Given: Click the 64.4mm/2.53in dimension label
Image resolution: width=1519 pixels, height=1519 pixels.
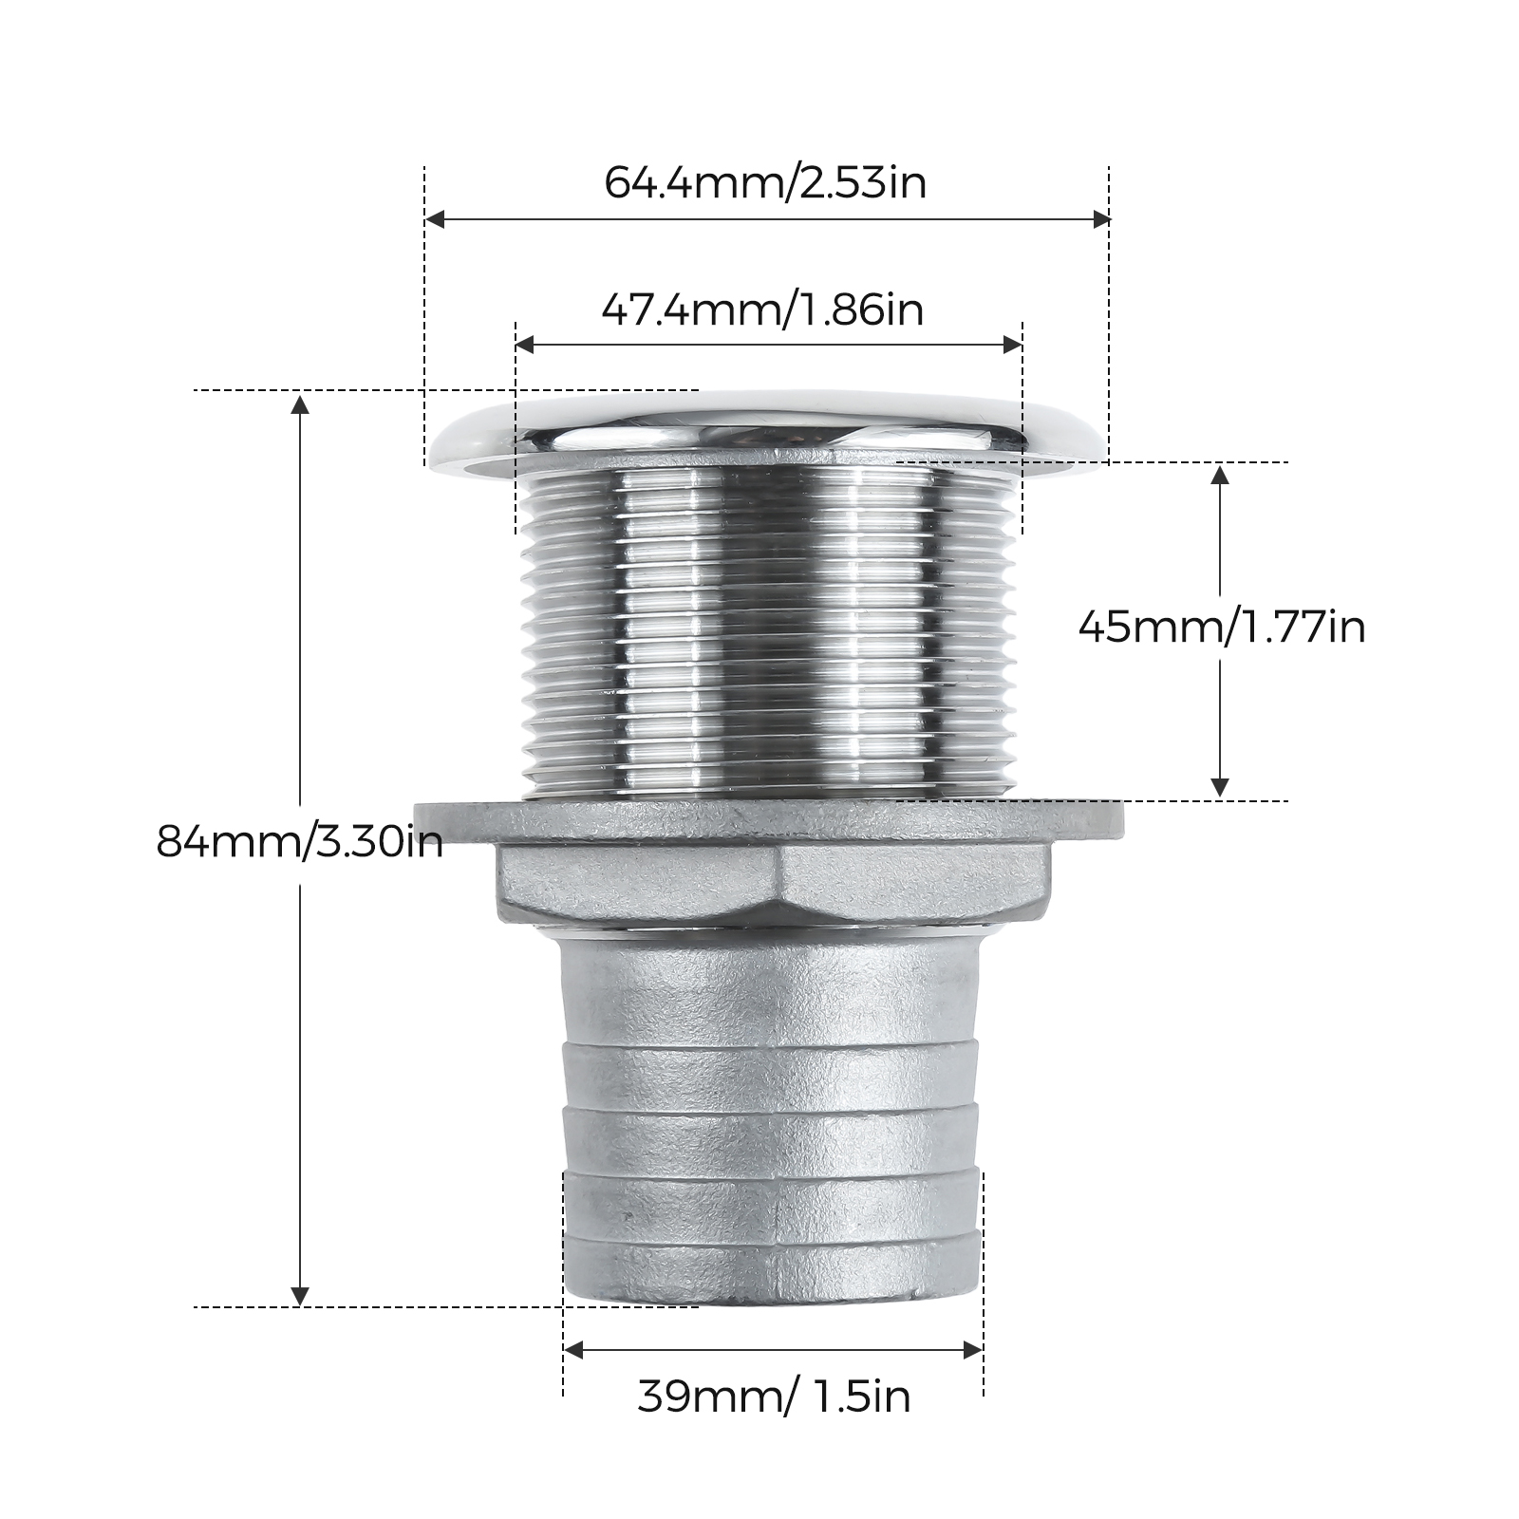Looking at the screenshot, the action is point(765,181).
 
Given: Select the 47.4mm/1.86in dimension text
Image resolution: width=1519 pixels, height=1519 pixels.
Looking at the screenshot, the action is point(762,309).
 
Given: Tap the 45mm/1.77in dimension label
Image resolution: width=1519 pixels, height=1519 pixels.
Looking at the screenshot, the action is point(1222,627).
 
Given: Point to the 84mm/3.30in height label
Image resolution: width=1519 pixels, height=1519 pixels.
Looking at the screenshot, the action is point(300,841).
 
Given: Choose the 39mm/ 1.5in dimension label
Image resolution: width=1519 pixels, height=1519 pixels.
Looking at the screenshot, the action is point(774,1397).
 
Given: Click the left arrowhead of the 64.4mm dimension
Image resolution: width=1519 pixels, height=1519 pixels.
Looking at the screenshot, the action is point(435,220).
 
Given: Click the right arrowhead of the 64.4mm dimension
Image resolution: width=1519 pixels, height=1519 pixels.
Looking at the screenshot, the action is point(1100,220).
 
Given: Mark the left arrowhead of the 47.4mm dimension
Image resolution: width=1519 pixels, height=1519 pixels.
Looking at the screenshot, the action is point(525,346).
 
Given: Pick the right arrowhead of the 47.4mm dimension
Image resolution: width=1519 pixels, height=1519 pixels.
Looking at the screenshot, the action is point(1013,346).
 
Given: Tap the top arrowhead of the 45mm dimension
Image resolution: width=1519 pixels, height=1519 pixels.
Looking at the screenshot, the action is point(1221,474).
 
